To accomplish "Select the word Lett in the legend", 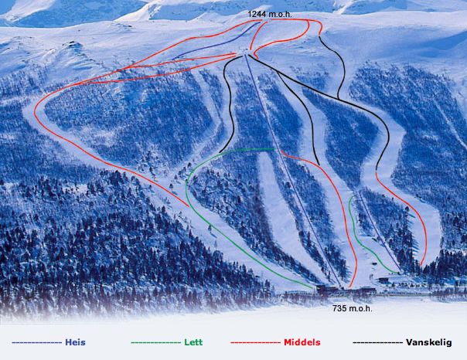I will point(193,341).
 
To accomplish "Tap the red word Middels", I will point(302,341).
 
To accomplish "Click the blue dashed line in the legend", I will point(36,341).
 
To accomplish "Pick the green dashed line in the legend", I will point(157,341).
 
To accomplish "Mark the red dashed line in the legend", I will point(255,341).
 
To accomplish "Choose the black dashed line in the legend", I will point(377,341).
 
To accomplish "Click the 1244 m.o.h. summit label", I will point(269,14).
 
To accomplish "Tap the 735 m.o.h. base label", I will point(353,308).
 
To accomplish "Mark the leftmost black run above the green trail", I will point(229,108).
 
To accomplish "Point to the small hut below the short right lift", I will point(384,279).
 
